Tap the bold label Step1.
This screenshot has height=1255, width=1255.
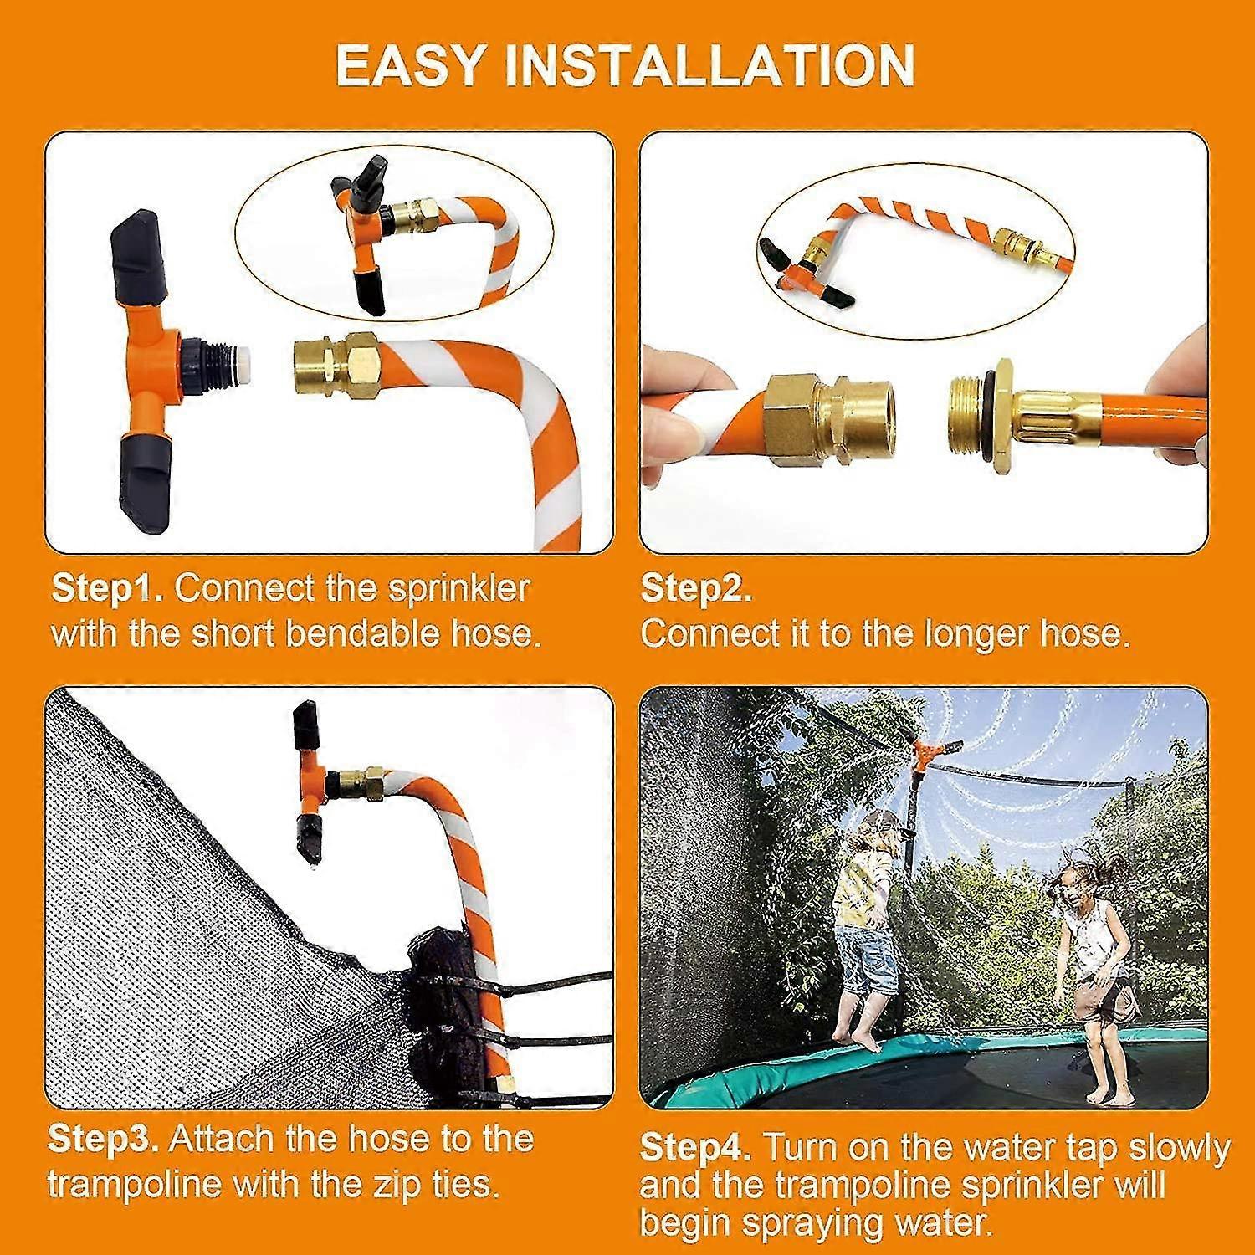[108, 590]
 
